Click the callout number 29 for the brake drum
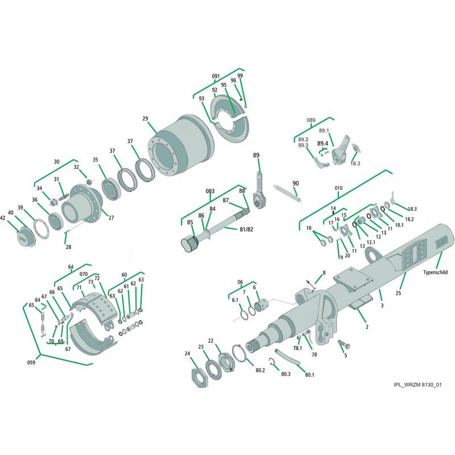[145, 119]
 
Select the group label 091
[216, 76]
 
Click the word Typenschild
[435, 272]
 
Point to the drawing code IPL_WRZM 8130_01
[417, 385]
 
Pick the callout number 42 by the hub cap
[3, 218]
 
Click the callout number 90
[295, 183]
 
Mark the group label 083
[210, 191]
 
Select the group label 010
[338, 187]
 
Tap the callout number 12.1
[371, 242]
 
